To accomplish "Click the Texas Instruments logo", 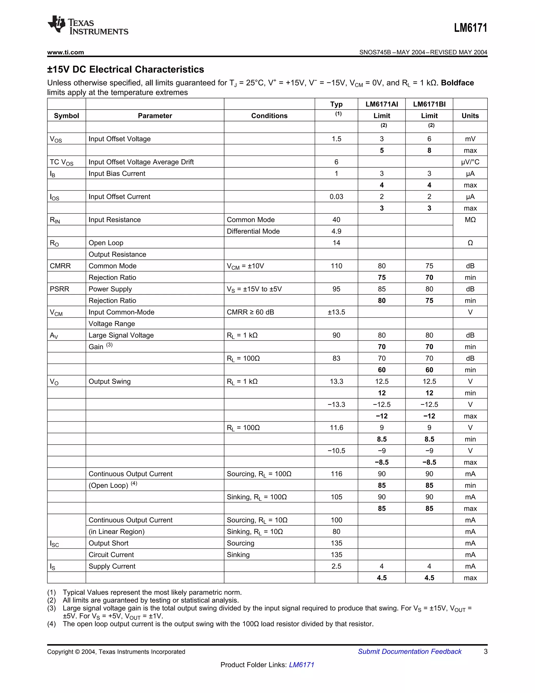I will point(88,25).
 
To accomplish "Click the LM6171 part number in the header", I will point(470,28).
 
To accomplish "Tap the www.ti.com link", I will point(66,52).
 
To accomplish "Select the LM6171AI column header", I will point(382,104).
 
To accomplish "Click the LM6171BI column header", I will point(429,104).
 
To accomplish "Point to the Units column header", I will point(470,116).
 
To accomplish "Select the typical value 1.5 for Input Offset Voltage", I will point(336,139).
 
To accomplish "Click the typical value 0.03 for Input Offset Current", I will point(336,197).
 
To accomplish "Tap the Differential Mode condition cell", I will point(253,231).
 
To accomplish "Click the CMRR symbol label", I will point(60,266).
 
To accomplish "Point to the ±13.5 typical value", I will point(336,312).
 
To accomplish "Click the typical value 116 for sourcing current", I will point(336,474).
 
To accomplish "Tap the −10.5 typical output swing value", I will point(336,451).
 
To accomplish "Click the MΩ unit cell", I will point(470,220).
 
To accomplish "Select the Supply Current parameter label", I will point(112,566).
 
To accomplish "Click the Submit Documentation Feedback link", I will point(410,651).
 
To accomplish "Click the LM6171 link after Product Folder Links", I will point(301,665).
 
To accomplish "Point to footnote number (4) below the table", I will point(52,624).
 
